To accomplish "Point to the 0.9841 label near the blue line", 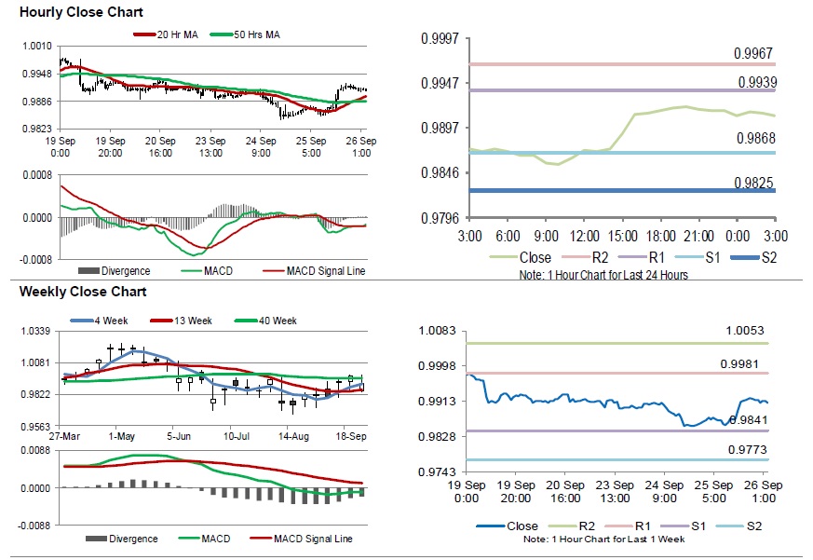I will (x=751, y=420).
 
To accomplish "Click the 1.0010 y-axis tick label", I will (x=36, y=46).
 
